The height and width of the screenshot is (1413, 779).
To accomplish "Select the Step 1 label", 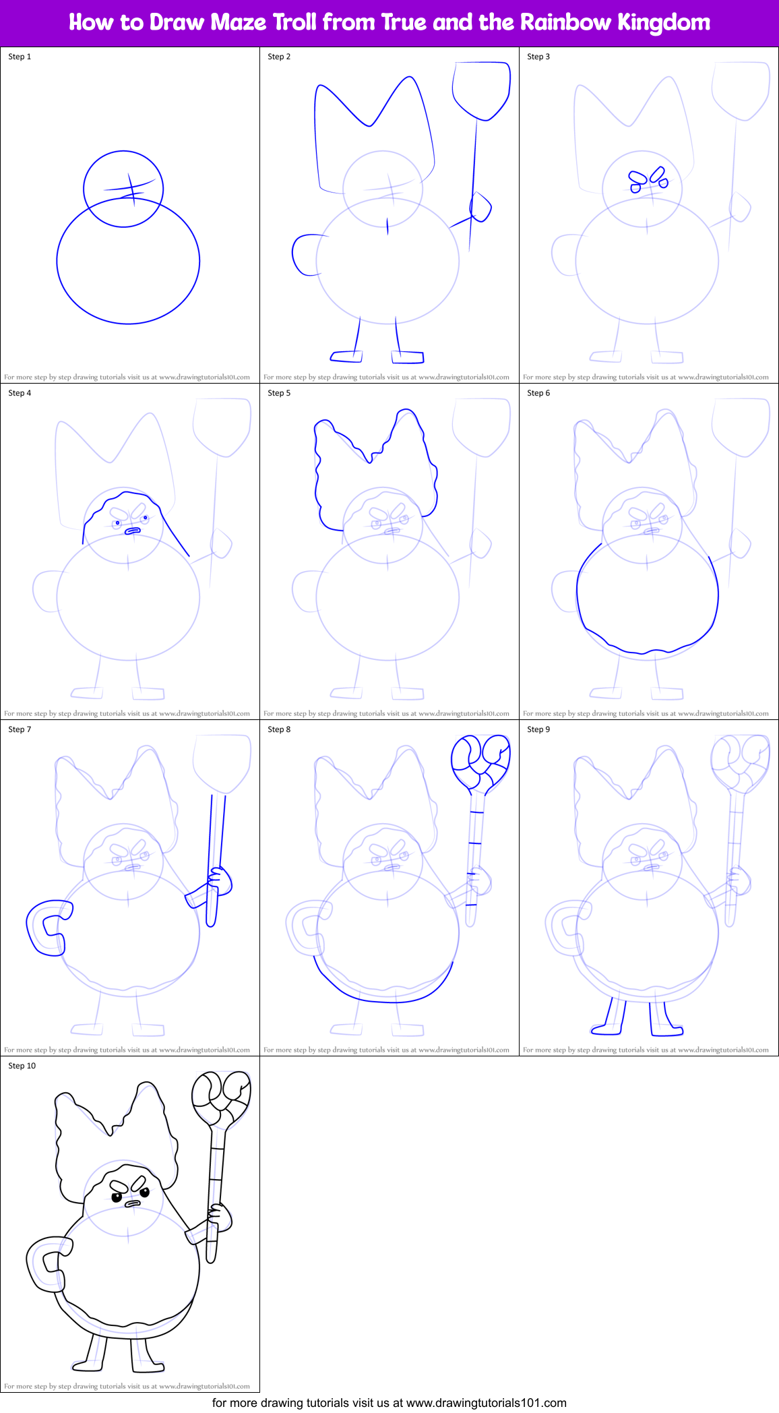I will [x=20, y=57].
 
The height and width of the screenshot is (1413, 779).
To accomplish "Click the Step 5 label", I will [x=279, y=393].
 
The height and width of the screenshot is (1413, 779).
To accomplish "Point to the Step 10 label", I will [x=22, y=1066].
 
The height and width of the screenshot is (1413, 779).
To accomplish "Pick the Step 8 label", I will [x=279, y=729].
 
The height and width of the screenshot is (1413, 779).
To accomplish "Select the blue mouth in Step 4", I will [x=132, y=531].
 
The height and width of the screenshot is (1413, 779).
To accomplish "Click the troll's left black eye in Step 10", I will [x=117, y=1197].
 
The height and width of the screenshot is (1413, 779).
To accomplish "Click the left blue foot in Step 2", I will [x=346, y=355].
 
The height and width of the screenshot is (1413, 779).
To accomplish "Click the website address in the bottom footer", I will [x=486, y=1403].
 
